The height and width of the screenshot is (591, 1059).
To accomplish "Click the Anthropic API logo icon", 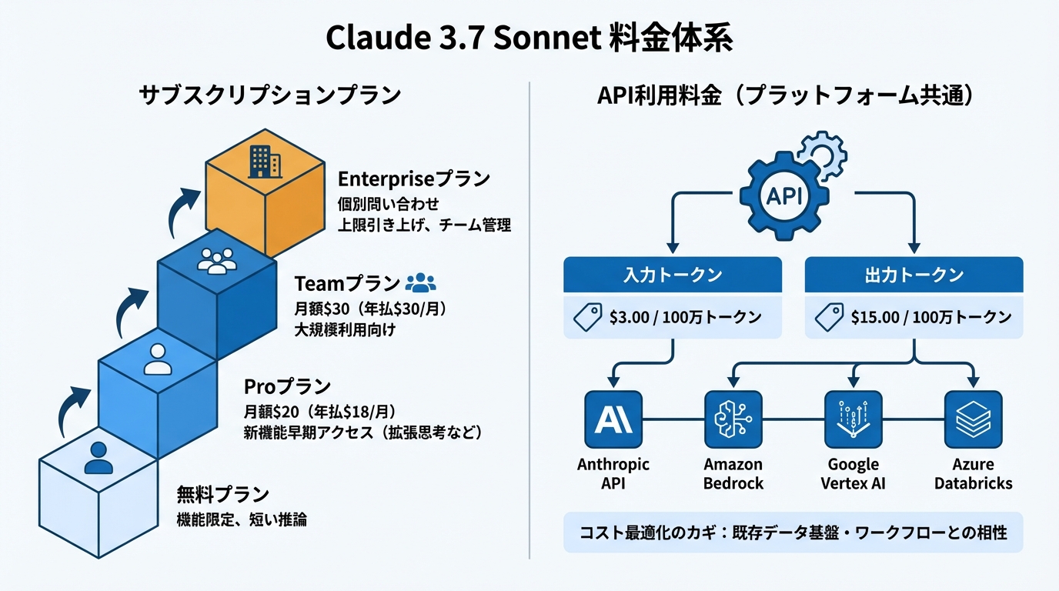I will pyautogui.click(x=613, y=419).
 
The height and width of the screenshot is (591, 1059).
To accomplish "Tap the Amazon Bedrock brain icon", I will pyautogui.click(x=733, y=419).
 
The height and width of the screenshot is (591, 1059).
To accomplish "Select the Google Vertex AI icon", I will pyautogui.click(x=853, y=419).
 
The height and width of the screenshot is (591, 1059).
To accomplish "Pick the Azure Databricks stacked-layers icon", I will pyautogui.click(x=973, y=419).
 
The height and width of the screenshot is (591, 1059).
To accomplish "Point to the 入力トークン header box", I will pyautogui.click(x=673, y=275).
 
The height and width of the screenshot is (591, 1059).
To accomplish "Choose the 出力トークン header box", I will pyautogui.click(x=914, y=275).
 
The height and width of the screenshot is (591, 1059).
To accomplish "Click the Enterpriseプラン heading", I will pyautogui.click(x=414, y=179).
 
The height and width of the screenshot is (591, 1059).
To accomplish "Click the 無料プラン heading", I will pyautogui.click(x=223, y=493).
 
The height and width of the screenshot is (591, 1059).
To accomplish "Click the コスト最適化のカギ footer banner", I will pyautogui.click(x=793, y=532).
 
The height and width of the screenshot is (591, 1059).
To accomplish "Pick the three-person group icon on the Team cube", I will pyautogui.click(x=216, y=261).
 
